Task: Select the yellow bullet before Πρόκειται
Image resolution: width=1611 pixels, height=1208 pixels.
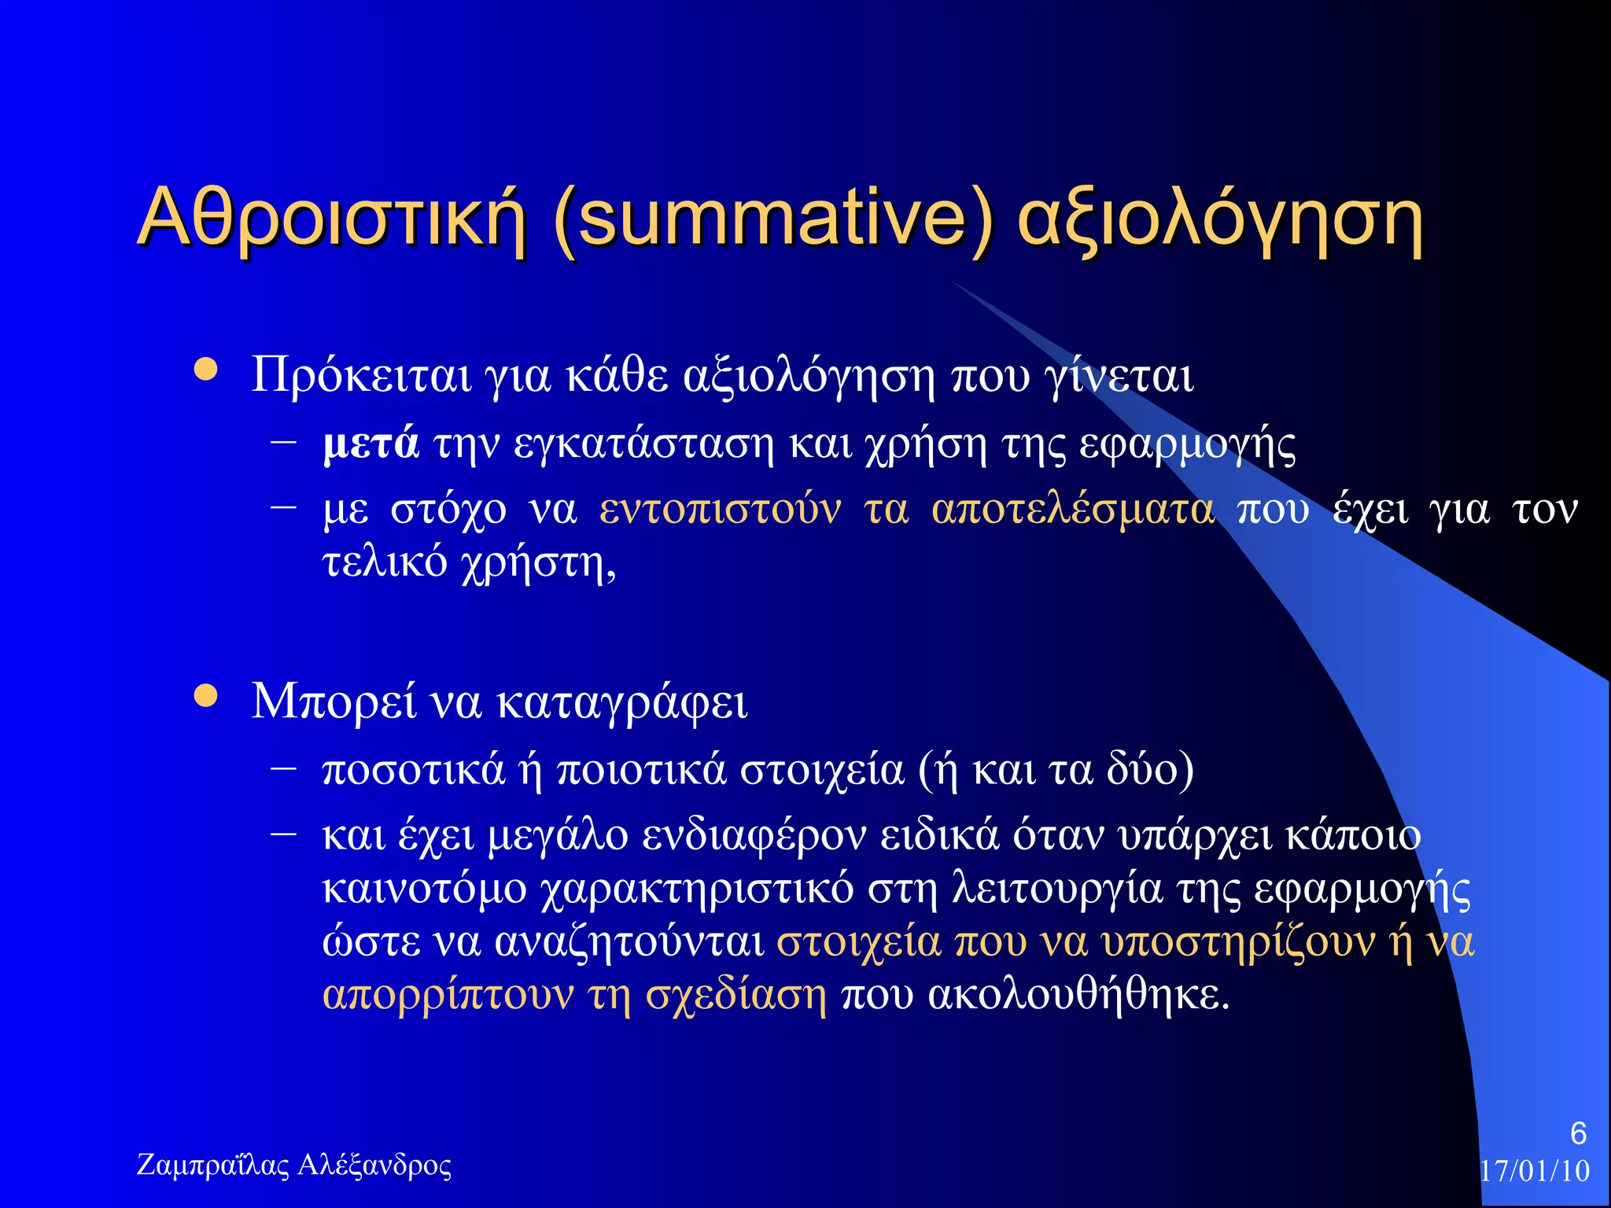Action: [206, 370]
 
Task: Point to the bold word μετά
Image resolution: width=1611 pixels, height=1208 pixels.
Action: [370, 444]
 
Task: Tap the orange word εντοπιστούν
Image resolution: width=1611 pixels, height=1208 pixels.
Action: [720, 510]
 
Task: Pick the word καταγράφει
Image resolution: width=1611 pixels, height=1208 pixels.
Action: [622, 702]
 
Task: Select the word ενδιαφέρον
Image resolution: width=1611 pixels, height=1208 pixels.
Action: [754, 836]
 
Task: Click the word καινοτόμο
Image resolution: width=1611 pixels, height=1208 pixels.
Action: [425, 889]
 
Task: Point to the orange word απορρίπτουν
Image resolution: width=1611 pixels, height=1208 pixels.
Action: [448, 996]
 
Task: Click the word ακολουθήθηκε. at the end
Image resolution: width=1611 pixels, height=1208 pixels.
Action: [1078, 996]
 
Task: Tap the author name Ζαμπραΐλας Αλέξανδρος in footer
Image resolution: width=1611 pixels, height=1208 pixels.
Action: [294, 1165]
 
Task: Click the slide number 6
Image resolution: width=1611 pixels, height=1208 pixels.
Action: [1578, 1133]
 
